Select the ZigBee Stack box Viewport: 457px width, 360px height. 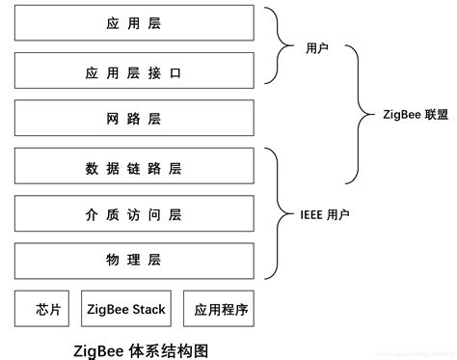pyautogui.click(x=125, y=310)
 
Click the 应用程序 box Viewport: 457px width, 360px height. pyautogui.click(x=221, y=310)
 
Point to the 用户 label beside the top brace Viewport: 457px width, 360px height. pyautogui.click(x=317, y=47)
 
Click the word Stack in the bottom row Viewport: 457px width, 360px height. pyautogui.click(x=148, y=310)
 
